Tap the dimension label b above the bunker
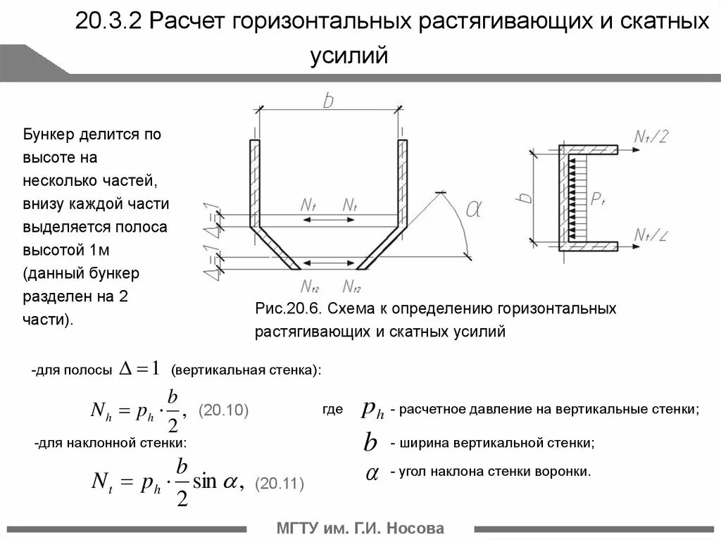tap(328, 101)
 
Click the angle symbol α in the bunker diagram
tap(474, 209)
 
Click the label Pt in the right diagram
tap(598, 200)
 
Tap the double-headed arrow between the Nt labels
tap(329, 220)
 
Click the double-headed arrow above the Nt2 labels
tap(329, 263)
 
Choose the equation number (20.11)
tap(280, 484)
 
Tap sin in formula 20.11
tap(206, 481)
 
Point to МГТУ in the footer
tap(298, 528)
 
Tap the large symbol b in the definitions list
tap(370, 443)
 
